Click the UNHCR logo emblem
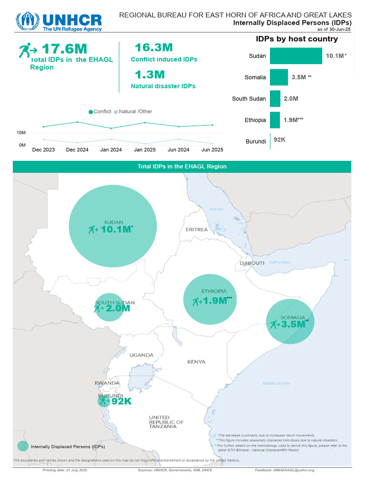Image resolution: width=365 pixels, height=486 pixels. [x=27, y=21]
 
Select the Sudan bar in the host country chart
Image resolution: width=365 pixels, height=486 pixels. [x=296, y=56]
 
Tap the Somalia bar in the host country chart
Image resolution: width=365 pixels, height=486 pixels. [x=279, y=77]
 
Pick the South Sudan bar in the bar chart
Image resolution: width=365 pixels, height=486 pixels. [x=275, y=98]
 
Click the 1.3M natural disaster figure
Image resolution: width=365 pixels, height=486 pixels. [x=150, y=75]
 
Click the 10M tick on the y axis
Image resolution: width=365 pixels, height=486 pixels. [x=21, y=132]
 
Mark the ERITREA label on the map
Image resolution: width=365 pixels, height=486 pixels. [x=197, y=229]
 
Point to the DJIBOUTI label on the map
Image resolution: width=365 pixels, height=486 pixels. [x=252, y=263]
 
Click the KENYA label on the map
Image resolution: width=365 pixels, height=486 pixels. [x=196, y=362]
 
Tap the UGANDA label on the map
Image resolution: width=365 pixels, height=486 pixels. [x=141, y=355]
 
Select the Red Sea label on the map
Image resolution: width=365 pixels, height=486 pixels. [x=216, y=209]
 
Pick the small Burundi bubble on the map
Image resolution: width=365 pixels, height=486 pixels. [x=103, y=401]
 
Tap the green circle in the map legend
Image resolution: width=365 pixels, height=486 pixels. [x=22, y=446]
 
